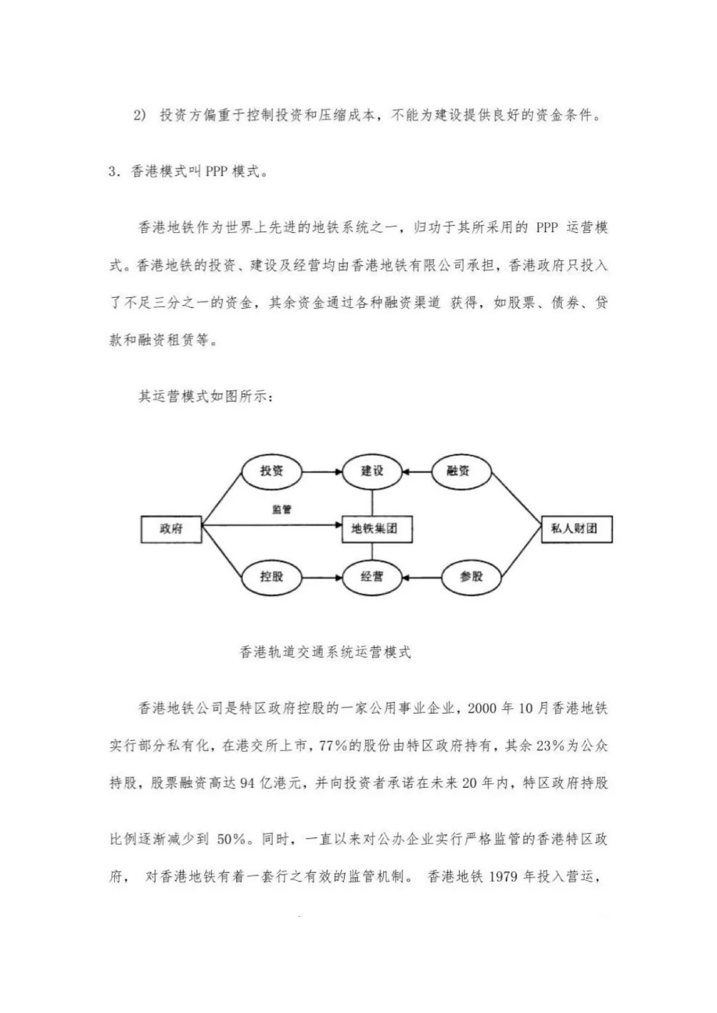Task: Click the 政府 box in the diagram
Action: (x=171, y=529)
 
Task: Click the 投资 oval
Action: (x=271, y=471)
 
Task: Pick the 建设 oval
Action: (x=372, y=471)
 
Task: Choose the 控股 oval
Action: (x=271, y=576)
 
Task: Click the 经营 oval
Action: (x=372, y=576)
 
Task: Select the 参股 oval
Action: (x=471, y=576)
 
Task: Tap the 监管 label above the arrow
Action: (x=281, y=509)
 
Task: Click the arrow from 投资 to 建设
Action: (x=321, y=472)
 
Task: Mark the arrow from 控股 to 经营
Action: (x=321, y=576)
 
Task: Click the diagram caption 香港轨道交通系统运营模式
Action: (x=325, y=652)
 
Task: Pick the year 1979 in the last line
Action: (x=503, y=876)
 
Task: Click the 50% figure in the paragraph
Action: (x=231, y=839)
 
